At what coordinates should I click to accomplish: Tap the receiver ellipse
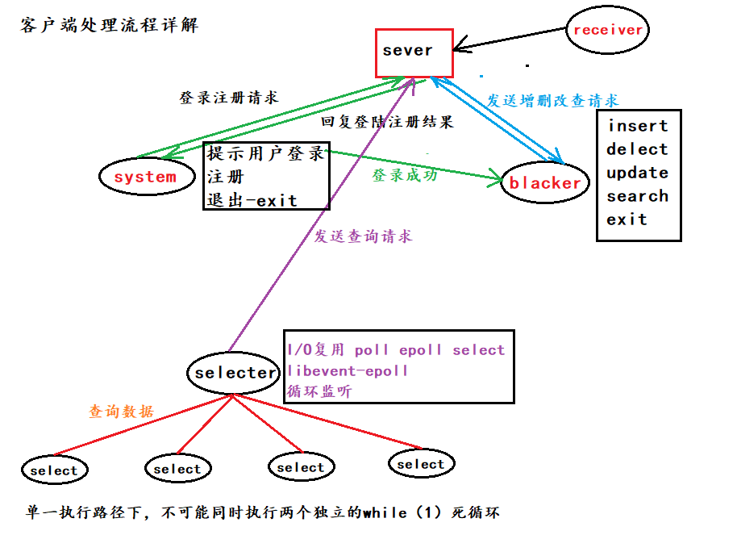coord(607,30)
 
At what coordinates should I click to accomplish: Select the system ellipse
coord(145,177)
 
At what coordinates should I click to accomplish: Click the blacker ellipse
coord(545,183)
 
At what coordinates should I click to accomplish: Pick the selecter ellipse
coord(235,373)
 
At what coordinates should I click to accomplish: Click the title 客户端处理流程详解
coord(109,26)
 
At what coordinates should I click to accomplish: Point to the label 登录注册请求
coord(228,98)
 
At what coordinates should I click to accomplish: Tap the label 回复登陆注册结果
coord(387,122)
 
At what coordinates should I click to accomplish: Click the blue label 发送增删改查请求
coord(552,101)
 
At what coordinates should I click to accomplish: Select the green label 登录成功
coord(405,174)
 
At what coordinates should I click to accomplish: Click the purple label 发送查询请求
coord(363,236)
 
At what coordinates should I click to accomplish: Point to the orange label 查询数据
coord(121,412)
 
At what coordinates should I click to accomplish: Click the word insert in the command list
coord(638,126)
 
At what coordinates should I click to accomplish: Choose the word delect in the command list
coord(637,149)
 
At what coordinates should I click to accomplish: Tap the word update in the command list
coord(637,173)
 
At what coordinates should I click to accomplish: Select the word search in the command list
coord(637,196)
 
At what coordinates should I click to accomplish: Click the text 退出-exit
coord(252,200)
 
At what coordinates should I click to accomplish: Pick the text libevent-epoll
coord(348,371)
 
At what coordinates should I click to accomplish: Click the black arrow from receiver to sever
coord(508,38)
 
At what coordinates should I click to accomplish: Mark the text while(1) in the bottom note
coord(403,512)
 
